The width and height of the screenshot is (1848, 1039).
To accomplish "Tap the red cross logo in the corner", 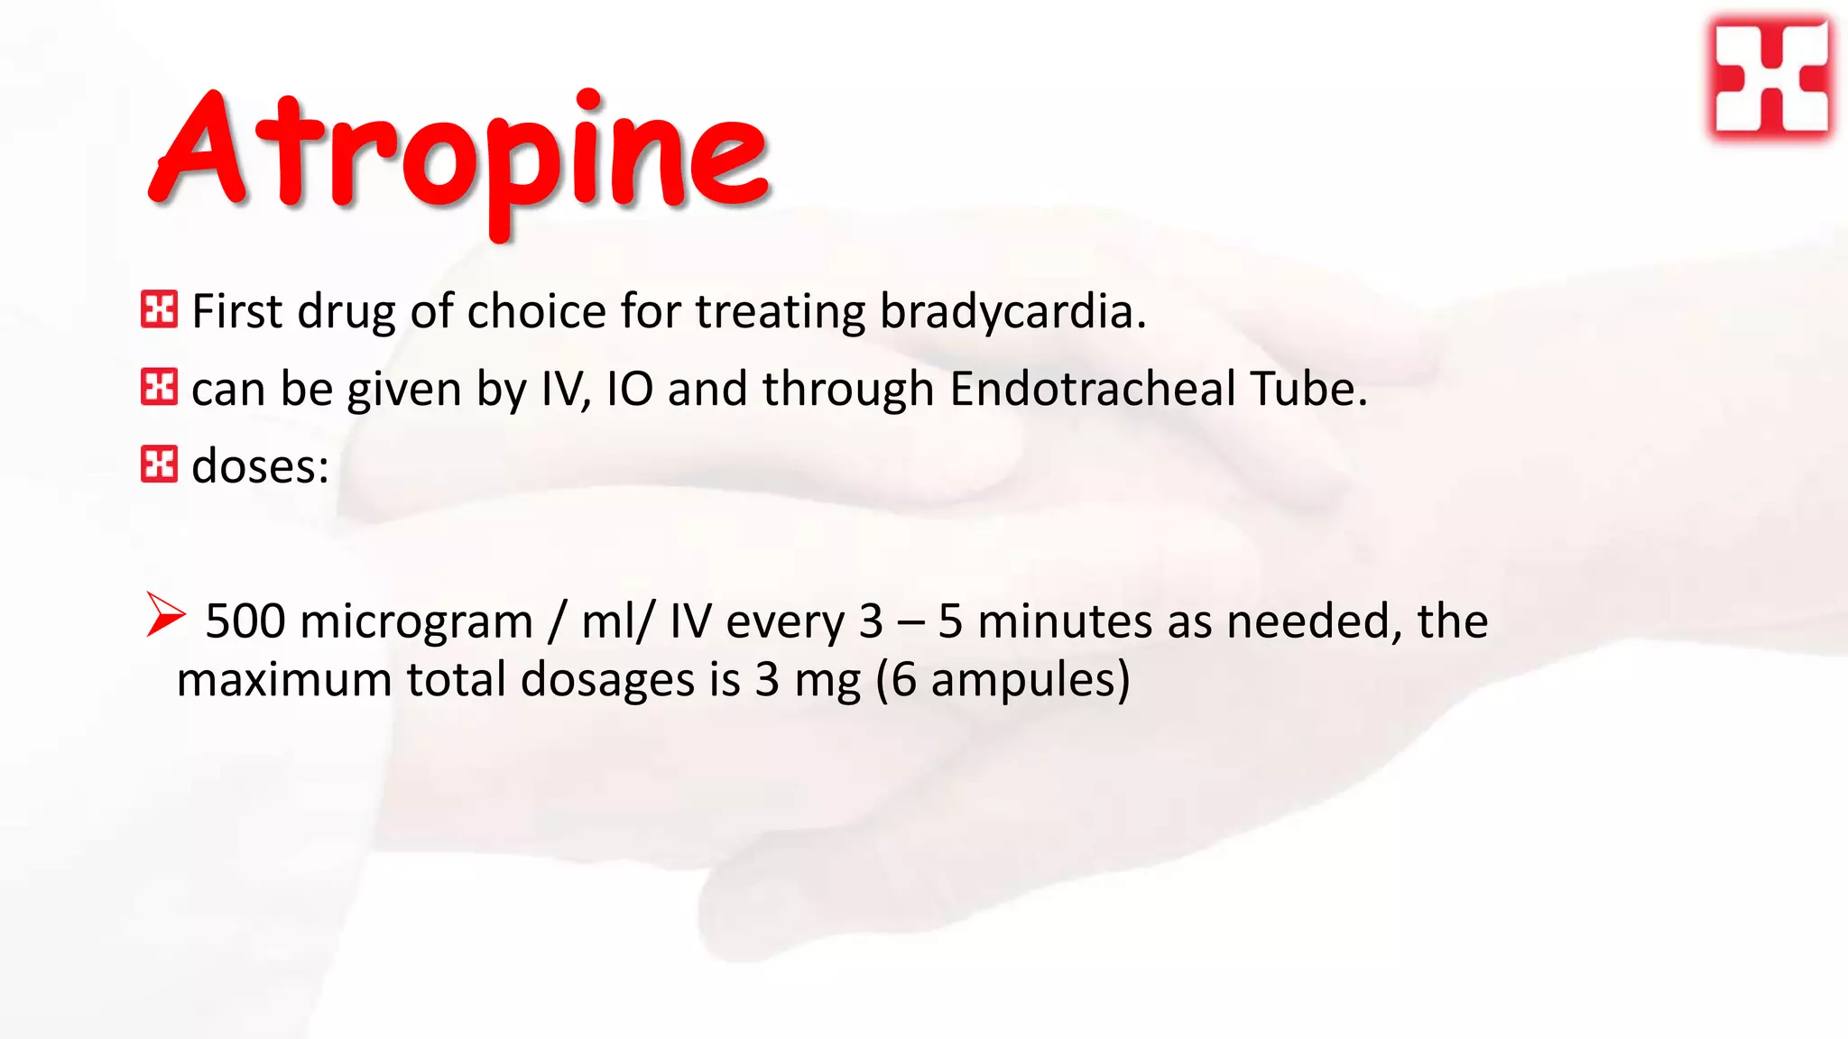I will coord(1770,79).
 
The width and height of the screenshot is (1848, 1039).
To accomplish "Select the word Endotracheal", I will coord(1092,390).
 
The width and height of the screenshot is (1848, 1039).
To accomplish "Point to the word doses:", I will coord(260,467).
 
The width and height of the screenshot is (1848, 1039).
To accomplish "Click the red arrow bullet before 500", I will coord(165,615).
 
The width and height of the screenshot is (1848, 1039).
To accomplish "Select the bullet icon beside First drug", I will coord(159,309).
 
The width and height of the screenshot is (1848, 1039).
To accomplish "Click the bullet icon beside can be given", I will coord(159,387).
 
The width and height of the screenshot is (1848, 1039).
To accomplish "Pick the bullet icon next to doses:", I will coord(159,464).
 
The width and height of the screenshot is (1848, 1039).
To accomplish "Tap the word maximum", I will coord(283,680).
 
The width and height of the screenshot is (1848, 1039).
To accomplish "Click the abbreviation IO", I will coord(630,390).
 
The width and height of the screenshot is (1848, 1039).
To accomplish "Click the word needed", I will coord(1313,622).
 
